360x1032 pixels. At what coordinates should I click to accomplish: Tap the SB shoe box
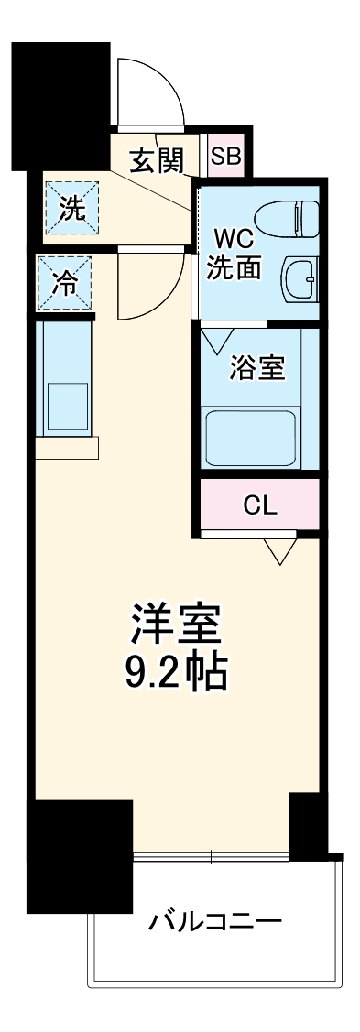click(x=224, y=157)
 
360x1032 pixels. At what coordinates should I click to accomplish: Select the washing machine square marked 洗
click(x=71, y=210)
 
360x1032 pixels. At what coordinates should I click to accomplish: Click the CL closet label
click(x=259, y=505)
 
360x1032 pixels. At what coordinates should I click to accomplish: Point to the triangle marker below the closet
click(x=280, y=551)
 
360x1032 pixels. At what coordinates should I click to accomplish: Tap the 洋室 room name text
click(x=174, y=625)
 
